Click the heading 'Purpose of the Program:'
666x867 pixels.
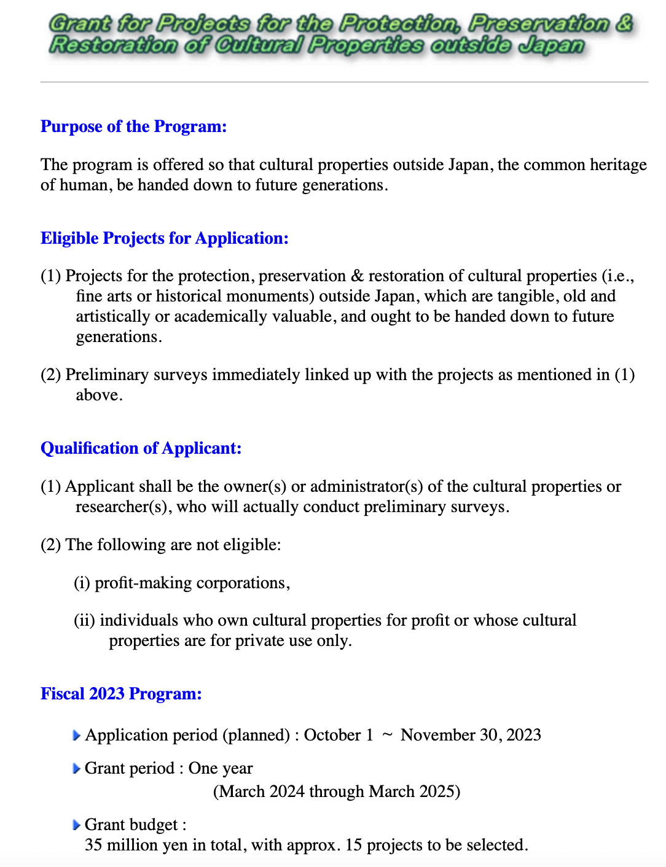[x=133, y=126]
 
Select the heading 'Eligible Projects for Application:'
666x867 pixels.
[x=164, y=238]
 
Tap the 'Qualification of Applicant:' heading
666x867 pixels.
[x=141, y=448]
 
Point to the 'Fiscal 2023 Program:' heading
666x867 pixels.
[x=121, y=694]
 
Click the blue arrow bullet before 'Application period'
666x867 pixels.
[x=76, y=736]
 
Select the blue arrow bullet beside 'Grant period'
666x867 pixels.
[x=76, y=769]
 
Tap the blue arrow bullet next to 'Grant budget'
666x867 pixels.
[x=76, y=825]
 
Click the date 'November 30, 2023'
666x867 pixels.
[x=471, y=735]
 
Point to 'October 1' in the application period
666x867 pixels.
[x=339, y=735]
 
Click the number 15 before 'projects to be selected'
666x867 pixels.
[x=353, y=845]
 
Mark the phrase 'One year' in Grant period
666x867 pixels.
[x=221, y=768]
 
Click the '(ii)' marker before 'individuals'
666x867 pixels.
[x=84, y=620]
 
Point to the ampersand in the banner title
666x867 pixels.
[x=624, y=23]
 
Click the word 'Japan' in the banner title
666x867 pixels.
[x=550, y=45]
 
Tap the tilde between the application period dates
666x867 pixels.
[x=387, y=735]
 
